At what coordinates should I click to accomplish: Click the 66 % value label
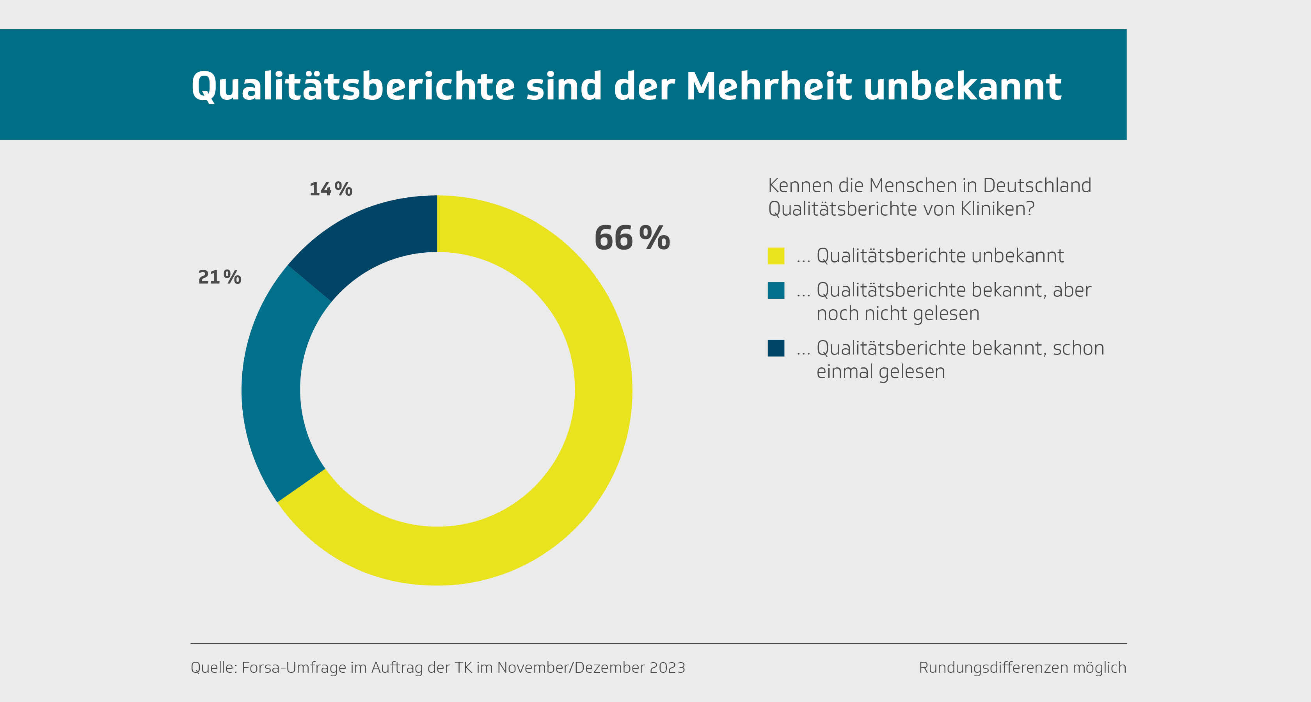click(632, 238)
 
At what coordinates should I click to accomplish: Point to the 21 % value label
click(219, 277)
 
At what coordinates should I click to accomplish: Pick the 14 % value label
click(331, 189)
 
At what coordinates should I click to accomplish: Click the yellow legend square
click(776, 256)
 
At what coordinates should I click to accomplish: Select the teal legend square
click(776, 291)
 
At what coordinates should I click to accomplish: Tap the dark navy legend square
click(776, 348)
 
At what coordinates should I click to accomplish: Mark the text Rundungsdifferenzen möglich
click(1022, 667)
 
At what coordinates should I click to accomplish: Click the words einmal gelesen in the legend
click(881, 372)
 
